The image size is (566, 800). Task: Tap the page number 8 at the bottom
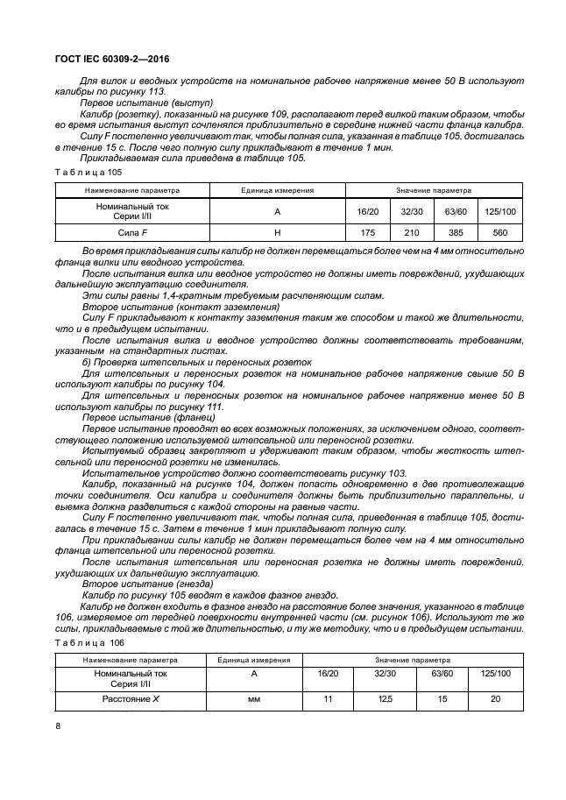58,726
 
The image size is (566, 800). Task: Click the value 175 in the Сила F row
367,232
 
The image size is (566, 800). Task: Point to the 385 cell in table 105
456,232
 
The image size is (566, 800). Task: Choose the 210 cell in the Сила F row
411,232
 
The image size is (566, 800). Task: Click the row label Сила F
132,232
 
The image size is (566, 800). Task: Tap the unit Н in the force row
277,232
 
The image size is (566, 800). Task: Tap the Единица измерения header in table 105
277,189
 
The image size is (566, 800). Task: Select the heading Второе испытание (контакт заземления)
180,308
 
